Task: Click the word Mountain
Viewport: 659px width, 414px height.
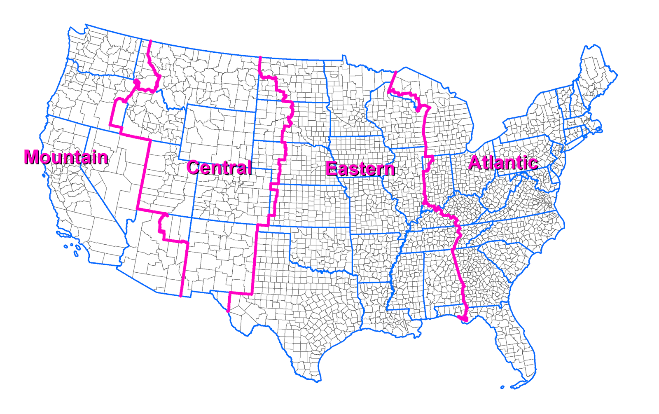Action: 66,157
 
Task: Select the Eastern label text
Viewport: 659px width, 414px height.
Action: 360,169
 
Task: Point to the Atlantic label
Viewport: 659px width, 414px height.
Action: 503,163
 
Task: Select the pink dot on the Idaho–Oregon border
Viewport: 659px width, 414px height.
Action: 137,83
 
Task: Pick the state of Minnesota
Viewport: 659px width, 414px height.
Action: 350,99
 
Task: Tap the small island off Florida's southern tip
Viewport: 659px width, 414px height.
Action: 502,387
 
